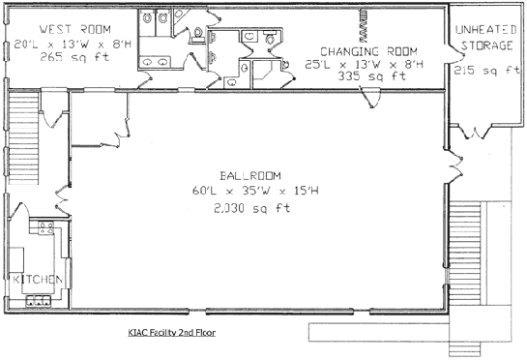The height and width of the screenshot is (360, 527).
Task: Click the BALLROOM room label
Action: (250, 175)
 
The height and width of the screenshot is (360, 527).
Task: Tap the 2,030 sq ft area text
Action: (251, 208)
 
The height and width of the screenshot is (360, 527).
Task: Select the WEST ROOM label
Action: (75, 29)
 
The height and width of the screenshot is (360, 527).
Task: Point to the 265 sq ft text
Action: (74, 57)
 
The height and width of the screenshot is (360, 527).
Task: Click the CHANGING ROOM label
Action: (368, 51)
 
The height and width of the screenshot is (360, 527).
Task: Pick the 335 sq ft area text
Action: (372, 76)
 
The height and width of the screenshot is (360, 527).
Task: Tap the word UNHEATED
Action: (486, 30)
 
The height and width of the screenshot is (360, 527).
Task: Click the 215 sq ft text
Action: (487, 71)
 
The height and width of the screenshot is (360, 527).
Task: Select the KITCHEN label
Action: (38, 280)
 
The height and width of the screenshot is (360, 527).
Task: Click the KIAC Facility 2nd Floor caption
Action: (172, 332)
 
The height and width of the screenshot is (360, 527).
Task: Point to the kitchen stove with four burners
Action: (46, 227)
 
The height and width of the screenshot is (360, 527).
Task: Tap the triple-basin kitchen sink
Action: (39, 300)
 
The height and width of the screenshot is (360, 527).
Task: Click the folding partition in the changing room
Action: (364, 25)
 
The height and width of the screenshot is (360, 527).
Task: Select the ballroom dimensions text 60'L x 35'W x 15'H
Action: (255, 191)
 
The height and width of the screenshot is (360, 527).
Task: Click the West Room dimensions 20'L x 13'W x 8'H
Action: (73, 44)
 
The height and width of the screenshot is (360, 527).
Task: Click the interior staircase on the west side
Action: (23, 137)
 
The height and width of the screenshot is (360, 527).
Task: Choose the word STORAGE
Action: (487, 45)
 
